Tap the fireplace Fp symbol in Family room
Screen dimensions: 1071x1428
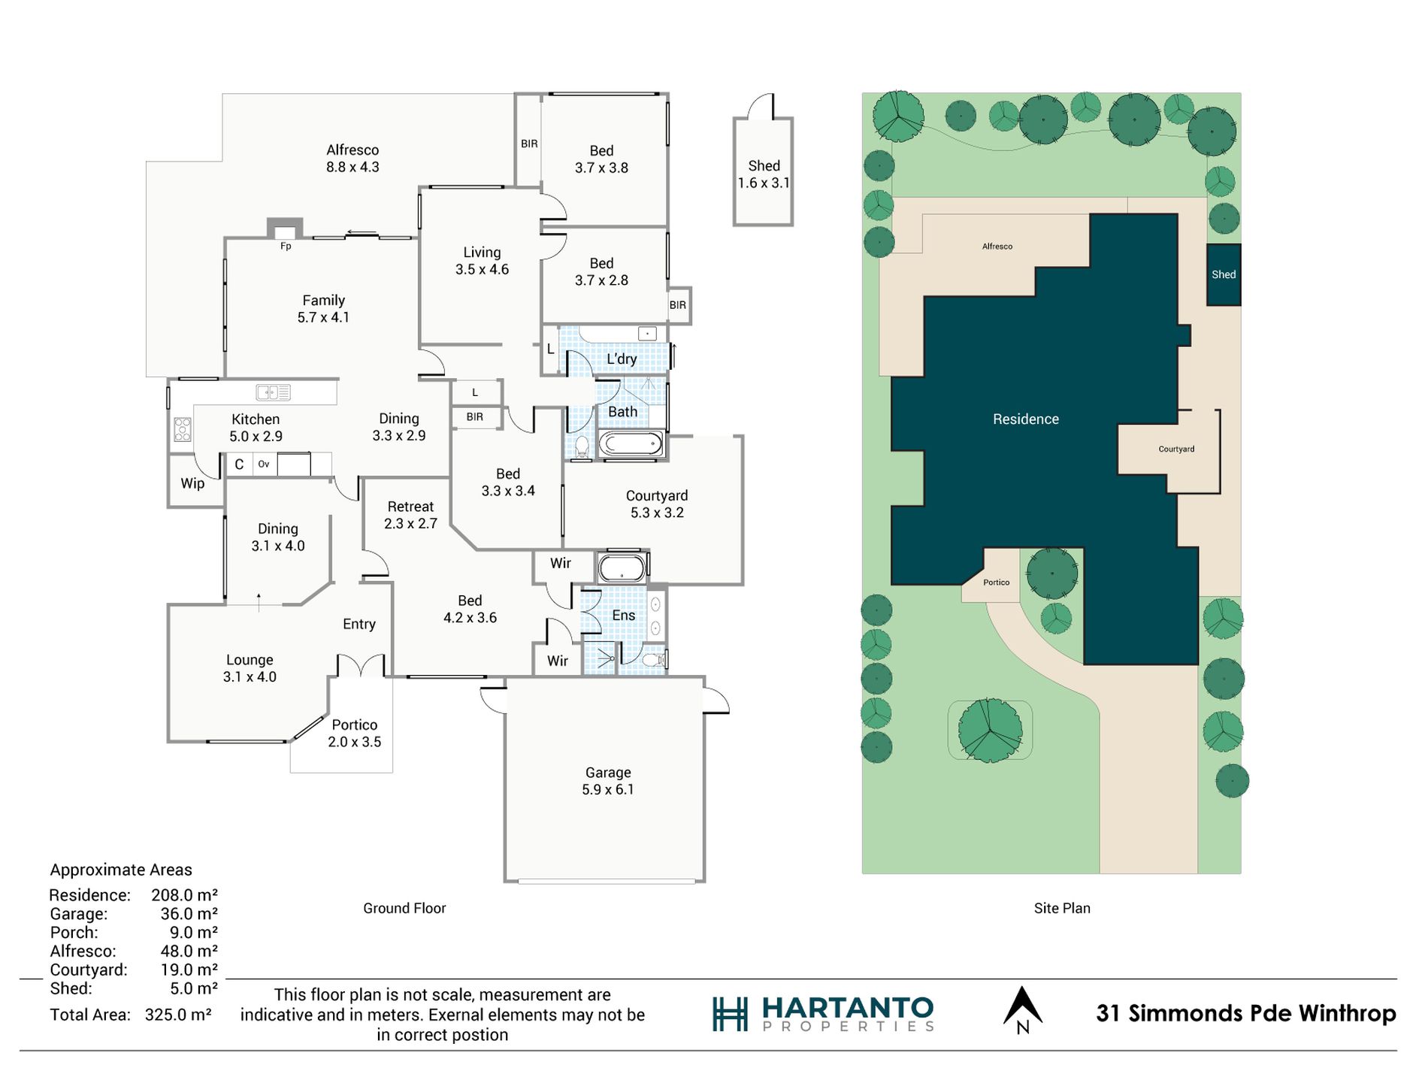point(286,229)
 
